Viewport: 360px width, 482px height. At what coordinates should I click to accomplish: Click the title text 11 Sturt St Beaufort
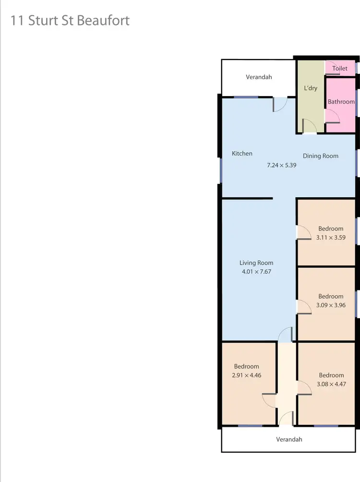70,21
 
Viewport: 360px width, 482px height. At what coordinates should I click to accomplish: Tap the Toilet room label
340,69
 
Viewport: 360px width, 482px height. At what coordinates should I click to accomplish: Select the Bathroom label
341,102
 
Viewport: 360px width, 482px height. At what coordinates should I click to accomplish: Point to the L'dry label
311,88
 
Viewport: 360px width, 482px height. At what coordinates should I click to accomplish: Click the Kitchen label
242,154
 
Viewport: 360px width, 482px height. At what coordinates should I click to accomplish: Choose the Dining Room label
321,156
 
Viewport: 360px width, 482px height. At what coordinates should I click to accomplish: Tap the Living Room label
256,263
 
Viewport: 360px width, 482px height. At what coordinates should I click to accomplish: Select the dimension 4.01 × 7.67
256,272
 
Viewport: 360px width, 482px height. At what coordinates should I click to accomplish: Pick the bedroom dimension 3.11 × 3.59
331,238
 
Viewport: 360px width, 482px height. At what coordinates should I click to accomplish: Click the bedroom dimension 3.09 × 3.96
331,305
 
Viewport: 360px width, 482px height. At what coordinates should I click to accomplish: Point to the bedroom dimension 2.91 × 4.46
246,375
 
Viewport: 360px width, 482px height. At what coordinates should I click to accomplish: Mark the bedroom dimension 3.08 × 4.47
331,384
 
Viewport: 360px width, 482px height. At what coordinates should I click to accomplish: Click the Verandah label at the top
259,77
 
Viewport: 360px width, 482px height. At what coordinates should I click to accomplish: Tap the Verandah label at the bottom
289,439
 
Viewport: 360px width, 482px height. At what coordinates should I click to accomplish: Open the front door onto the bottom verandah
286,419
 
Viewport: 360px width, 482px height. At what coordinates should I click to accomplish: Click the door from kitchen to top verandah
280,104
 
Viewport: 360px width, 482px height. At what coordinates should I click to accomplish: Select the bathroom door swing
332,117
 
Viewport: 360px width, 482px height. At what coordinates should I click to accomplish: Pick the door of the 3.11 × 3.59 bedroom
303,233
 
